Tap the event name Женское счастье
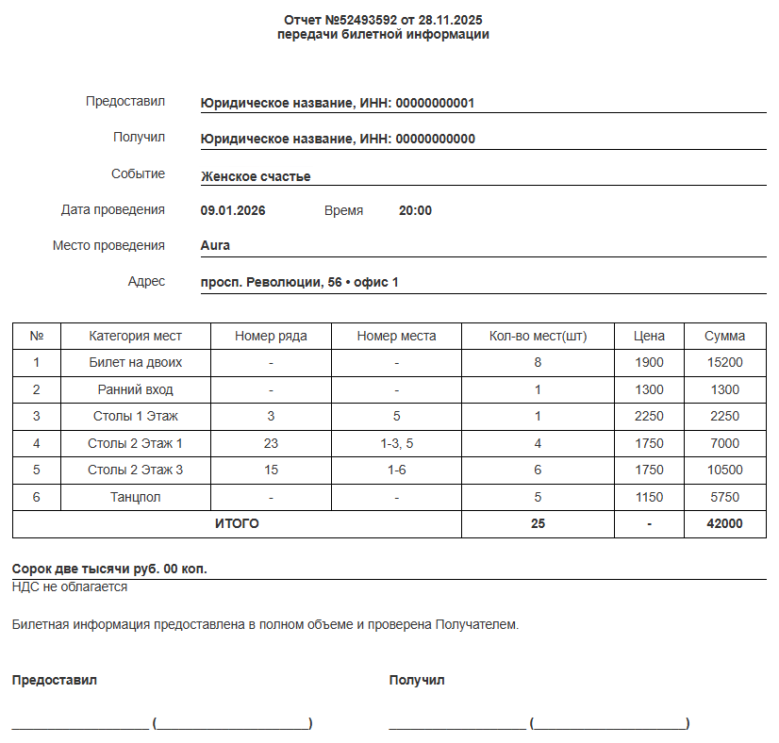click(256, 176)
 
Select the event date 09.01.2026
click(233, 210)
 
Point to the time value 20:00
click(415, 210)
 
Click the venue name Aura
click(215, 245)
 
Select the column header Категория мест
click(135, 336)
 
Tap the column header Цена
click(649, 336)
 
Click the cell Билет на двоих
click(135, 362)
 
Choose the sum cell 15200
click(724, 362)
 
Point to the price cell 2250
click(649, 416)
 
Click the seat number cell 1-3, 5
click(396, 443)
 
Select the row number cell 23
click(271, 443)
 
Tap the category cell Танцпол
click(135, 497)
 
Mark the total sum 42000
click(724, 524)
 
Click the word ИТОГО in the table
click(237, 524)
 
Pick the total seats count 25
click(538, 524)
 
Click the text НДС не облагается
click(70, 586)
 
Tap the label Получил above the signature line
click(416, 680)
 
